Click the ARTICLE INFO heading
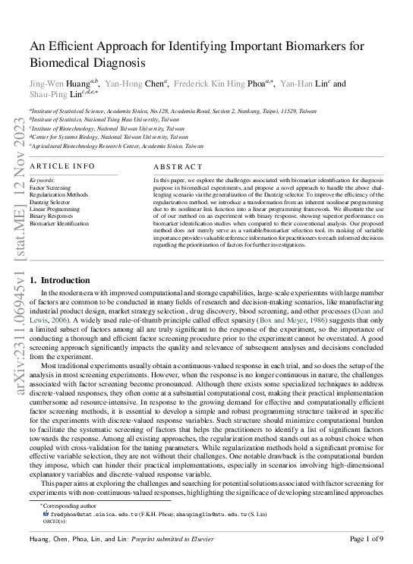[62, 165]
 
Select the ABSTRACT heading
[178, 166]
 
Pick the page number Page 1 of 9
[366, 539]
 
